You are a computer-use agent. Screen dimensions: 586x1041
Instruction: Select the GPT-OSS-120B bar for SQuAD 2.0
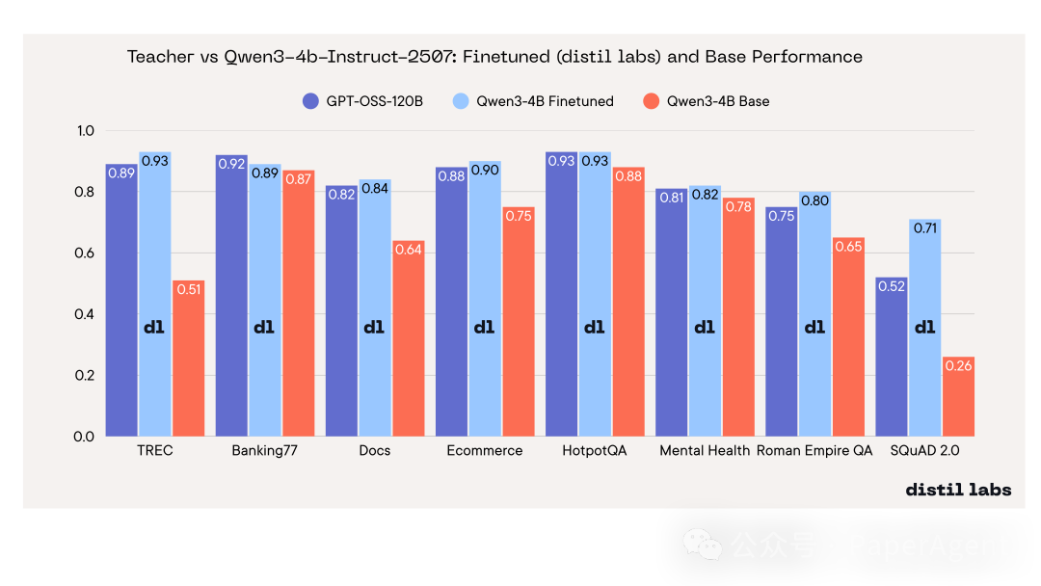pos(892,357)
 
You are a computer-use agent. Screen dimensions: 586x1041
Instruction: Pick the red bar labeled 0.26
pos(958,396)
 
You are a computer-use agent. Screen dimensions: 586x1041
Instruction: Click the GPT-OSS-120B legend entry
pos(362,101)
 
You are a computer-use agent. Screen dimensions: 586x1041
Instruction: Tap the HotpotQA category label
pos(594,451)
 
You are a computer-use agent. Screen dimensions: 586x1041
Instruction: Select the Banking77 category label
pos(265,451)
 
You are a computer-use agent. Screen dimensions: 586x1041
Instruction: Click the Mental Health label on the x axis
pos(705,451)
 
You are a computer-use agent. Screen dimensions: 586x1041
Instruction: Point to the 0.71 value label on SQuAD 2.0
pos(925,228)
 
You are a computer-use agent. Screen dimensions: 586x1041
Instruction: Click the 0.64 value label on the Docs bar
pos(409,250)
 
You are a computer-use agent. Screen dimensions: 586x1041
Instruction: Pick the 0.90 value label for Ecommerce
pos(484,170)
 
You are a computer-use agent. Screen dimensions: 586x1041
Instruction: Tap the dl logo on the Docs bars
pos(374,328)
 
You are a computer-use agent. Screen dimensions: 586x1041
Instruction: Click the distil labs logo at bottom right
pos(958,490)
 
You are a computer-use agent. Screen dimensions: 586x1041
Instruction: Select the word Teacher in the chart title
pos(160,57)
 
